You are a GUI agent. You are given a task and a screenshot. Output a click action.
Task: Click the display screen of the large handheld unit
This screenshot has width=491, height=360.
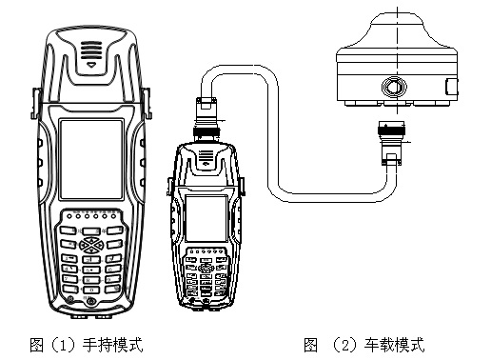[91, 159]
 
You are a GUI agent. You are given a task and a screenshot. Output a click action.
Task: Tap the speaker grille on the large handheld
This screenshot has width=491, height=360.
[91, 50]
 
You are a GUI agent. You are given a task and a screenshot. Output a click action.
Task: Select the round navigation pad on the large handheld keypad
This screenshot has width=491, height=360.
[91, 245]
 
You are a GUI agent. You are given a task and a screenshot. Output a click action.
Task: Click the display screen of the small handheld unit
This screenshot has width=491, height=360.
[206, 219]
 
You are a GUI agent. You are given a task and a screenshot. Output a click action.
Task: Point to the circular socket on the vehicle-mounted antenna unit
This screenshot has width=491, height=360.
[394, 87]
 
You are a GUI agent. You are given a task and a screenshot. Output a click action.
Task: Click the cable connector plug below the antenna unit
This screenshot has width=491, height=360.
[391, 143]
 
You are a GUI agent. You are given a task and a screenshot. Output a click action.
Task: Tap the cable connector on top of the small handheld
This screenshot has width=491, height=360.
[206, 119]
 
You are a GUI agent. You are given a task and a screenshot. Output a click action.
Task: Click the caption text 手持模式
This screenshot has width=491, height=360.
[113, 345]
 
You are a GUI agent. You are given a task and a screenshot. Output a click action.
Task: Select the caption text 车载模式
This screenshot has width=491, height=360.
[394, 345]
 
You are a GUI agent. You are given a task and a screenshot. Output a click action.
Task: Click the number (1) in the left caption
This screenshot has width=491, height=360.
[64, 345]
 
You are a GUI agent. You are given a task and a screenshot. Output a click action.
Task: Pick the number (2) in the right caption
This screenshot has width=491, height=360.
[345, 345]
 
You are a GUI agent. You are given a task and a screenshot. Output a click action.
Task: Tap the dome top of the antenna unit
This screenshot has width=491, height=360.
[397, 30]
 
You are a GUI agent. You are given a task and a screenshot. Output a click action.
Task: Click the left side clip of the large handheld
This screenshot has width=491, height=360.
[35, 104]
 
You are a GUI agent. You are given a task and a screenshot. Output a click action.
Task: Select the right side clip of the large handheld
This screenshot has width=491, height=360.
[147, 104]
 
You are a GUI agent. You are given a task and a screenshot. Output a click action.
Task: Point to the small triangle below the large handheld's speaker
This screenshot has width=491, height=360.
[91, 65]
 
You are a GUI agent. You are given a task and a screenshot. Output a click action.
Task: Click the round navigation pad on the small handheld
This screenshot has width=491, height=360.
[206, 269]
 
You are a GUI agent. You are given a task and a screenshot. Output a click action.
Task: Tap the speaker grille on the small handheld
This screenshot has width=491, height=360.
[206, 157]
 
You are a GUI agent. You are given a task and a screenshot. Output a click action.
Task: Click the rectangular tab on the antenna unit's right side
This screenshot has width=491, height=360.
[452, 87]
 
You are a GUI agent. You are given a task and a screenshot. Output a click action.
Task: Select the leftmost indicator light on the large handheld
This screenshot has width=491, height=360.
[69, 216]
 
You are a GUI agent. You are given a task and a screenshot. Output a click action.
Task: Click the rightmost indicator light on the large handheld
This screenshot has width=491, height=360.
[113, 216]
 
